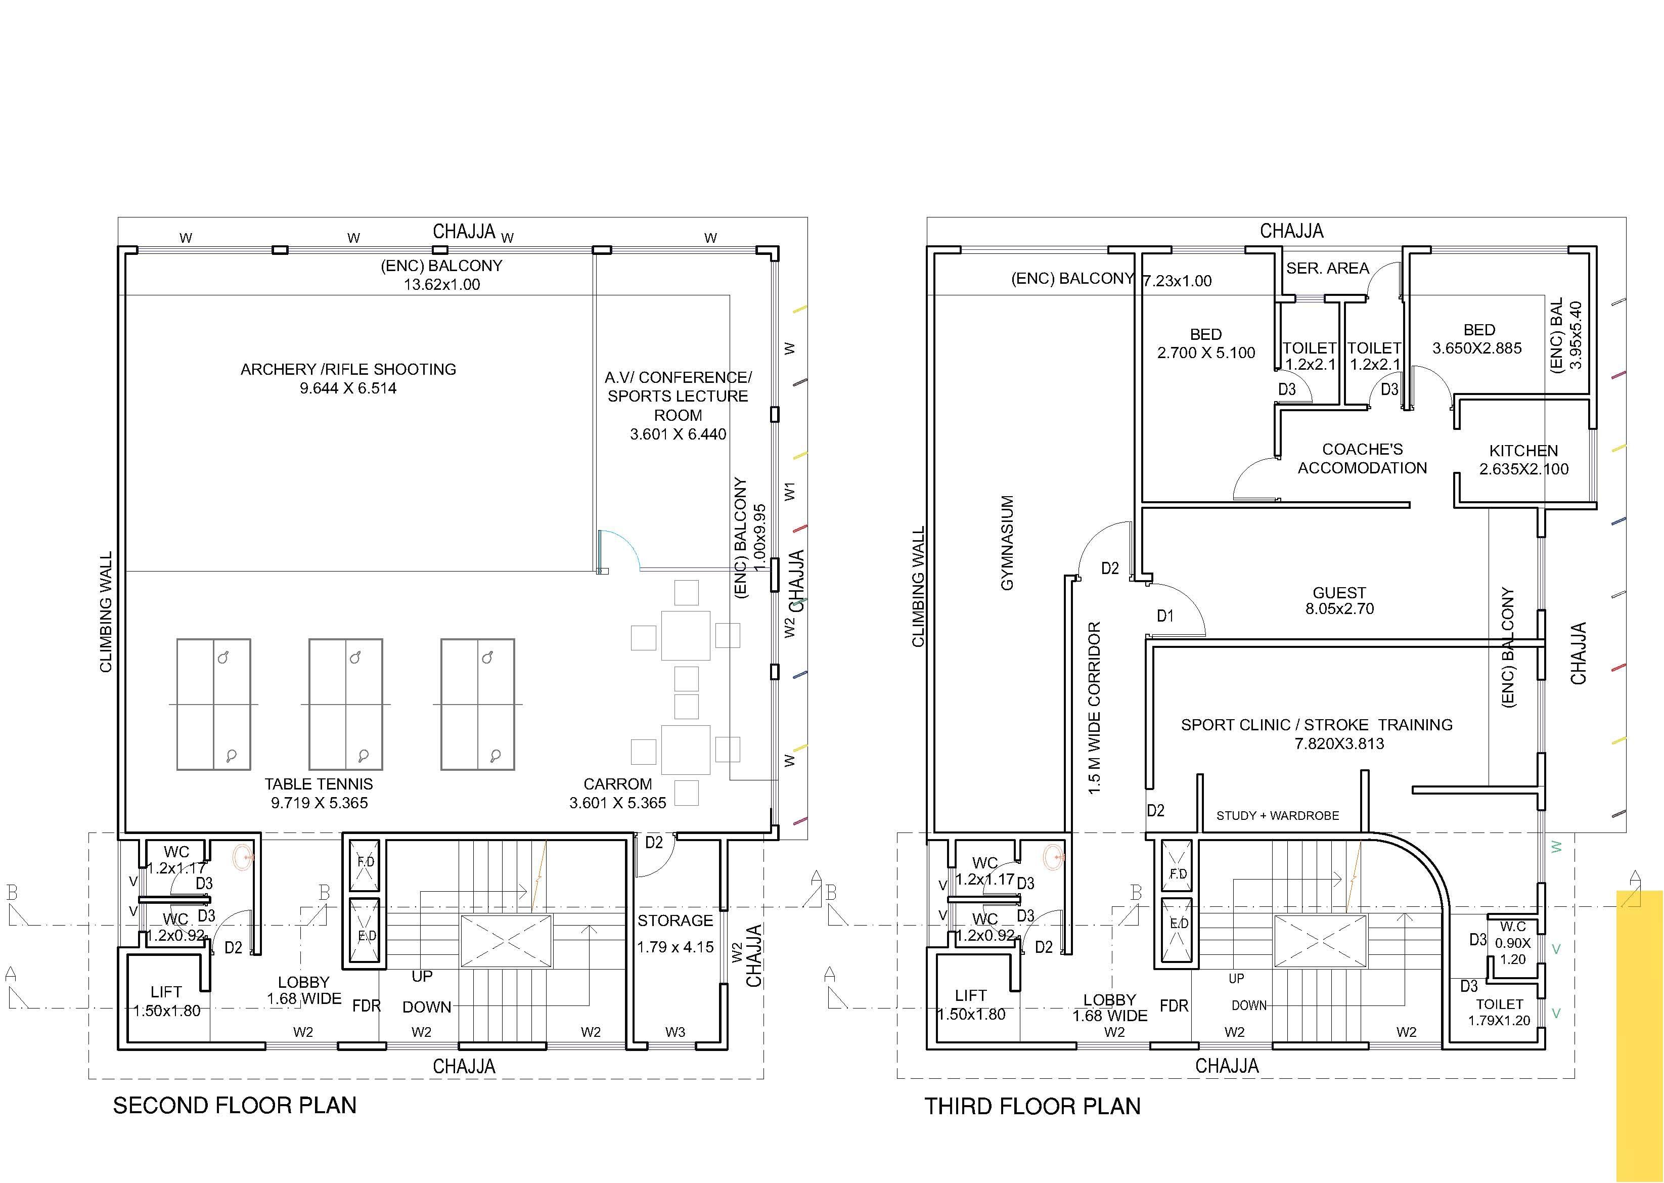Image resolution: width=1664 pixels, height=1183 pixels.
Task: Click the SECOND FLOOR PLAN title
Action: coord(235,1105)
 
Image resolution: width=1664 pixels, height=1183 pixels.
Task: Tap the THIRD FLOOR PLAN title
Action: coord(1032,1107)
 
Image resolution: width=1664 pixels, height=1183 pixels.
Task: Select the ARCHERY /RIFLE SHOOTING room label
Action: coord(348,369)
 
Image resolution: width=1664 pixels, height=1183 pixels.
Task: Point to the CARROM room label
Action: coord(617,784)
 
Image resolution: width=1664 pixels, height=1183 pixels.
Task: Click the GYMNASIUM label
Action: coord(1007,543)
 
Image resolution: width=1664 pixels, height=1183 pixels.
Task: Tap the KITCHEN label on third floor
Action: coord(1523,450)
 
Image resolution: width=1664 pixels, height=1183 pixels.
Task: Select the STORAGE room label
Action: coord(675,921)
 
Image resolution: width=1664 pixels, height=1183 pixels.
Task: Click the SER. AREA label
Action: coord(1328,268)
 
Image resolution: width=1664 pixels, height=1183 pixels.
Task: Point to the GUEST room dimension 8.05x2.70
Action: coord(1339,609)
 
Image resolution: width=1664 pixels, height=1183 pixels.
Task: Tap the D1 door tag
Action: coord(1165,616)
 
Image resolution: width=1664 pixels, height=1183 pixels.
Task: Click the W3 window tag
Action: coord(675,1032)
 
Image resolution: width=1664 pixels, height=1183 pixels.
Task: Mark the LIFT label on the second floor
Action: coord(166,992)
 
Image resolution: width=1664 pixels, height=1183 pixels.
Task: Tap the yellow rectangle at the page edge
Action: coord(1639,1036)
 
